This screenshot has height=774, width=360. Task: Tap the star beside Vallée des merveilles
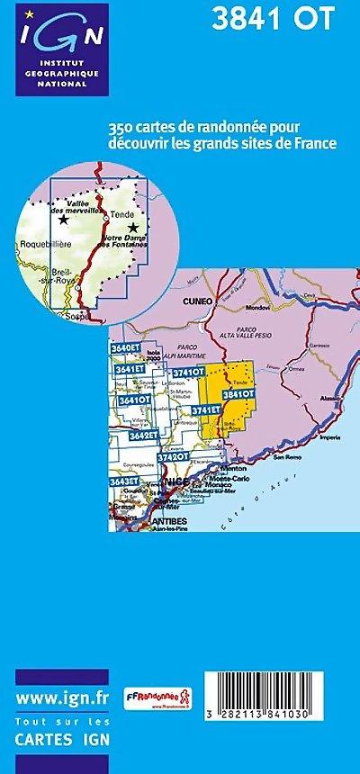[63, 219]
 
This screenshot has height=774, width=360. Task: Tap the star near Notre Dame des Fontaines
[146, 229]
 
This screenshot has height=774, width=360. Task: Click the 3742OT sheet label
[173, 456]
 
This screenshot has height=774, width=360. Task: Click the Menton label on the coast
[233, 468]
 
